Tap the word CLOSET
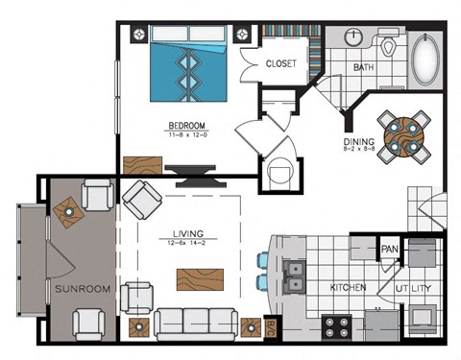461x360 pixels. [x=280, y=64]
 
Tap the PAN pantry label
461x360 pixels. [x=390, y=250]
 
